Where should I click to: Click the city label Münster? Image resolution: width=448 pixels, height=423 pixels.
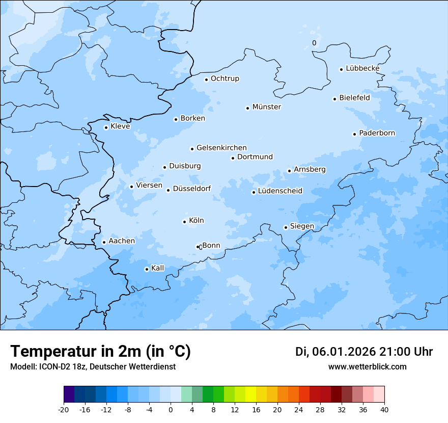tap(266, 107)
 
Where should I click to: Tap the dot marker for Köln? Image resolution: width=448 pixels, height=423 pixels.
tap(184, 222)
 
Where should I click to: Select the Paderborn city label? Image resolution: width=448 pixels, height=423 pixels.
tap(377, 133)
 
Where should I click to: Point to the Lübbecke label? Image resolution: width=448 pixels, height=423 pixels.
tap(362, 68)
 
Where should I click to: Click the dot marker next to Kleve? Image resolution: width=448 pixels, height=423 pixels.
tap(106, 127)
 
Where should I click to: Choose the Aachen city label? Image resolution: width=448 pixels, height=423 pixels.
tap(122, 241)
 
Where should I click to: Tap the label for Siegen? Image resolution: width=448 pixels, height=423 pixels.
tap(302, 226)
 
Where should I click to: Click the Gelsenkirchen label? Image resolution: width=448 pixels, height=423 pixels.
tap(221, 148)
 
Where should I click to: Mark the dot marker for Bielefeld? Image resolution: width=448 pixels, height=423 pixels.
tap(334, 99)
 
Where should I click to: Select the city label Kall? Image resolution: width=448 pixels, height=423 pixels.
tap(158, 268)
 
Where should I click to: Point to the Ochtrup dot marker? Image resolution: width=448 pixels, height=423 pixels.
tap(206, 80)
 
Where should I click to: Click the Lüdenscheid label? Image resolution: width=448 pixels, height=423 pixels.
tap(280, 191)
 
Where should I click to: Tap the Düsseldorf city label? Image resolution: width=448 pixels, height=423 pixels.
tap(192, 189)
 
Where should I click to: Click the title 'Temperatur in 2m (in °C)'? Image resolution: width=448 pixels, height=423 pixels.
tap(101, 352)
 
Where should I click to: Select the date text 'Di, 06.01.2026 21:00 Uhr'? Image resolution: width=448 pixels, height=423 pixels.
tap(364, 352)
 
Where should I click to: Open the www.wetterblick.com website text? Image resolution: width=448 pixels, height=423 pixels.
tap(367, 366)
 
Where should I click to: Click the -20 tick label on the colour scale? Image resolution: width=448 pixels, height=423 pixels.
tap(64, 410)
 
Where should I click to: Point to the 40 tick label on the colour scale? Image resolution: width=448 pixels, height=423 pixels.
tap(384, 410)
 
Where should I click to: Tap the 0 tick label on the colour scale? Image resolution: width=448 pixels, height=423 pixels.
tap(171, 410)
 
